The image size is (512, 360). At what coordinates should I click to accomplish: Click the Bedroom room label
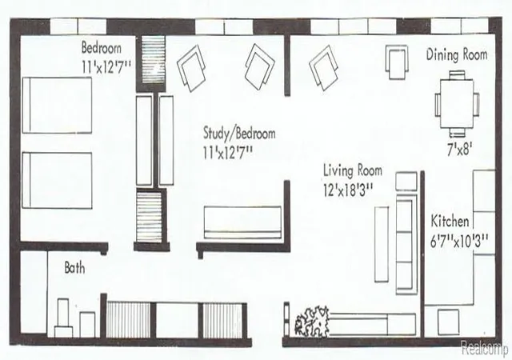click(102, 48)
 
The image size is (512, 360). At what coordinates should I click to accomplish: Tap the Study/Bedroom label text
click(239, 133)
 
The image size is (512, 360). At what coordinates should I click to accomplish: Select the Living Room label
click(353, 170)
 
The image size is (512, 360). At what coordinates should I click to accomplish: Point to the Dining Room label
click(457, 54)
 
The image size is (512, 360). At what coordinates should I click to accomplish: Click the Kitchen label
click(450, 221)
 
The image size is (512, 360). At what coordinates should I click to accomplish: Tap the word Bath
click(74, 268)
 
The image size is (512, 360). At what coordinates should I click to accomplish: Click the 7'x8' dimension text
click(458, 150)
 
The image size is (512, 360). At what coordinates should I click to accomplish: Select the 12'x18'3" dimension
click(348, 190)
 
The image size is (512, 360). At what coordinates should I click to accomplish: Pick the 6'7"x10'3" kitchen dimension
click(458, 242)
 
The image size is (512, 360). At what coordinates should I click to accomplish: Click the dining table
click(457, 104)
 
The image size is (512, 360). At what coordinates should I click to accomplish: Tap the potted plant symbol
click(311, 321)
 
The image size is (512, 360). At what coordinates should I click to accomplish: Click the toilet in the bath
click(63, 318)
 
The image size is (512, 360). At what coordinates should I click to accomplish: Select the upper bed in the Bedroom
click(57, 105)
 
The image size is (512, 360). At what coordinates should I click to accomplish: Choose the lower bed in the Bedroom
click(57, 180)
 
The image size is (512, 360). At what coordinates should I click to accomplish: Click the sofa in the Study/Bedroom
click(242, 222)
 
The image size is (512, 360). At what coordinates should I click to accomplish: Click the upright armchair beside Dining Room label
click(397, 62)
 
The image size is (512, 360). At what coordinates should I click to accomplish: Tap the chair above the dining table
click(457, 75)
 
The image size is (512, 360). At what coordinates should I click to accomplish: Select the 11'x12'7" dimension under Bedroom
click(106, 67)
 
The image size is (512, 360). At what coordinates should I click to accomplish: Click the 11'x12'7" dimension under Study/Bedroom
click(228, 153)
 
